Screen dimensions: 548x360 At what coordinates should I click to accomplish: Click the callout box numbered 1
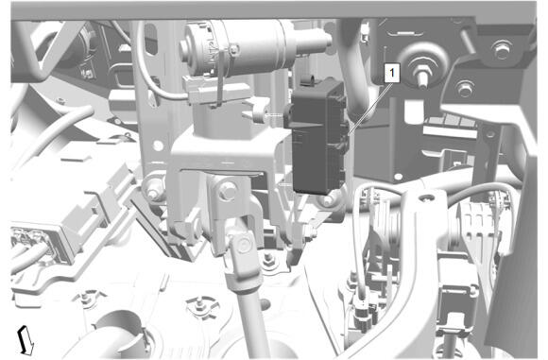[x=392, y=73]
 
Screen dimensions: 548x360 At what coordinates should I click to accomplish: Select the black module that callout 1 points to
[x=317, y=137]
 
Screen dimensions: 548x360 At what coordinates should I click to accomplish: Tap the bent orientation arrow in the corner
[x=26, y=340]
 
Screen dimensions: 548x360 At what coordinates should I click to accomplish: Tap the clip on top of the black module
[x=309, y=80]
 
